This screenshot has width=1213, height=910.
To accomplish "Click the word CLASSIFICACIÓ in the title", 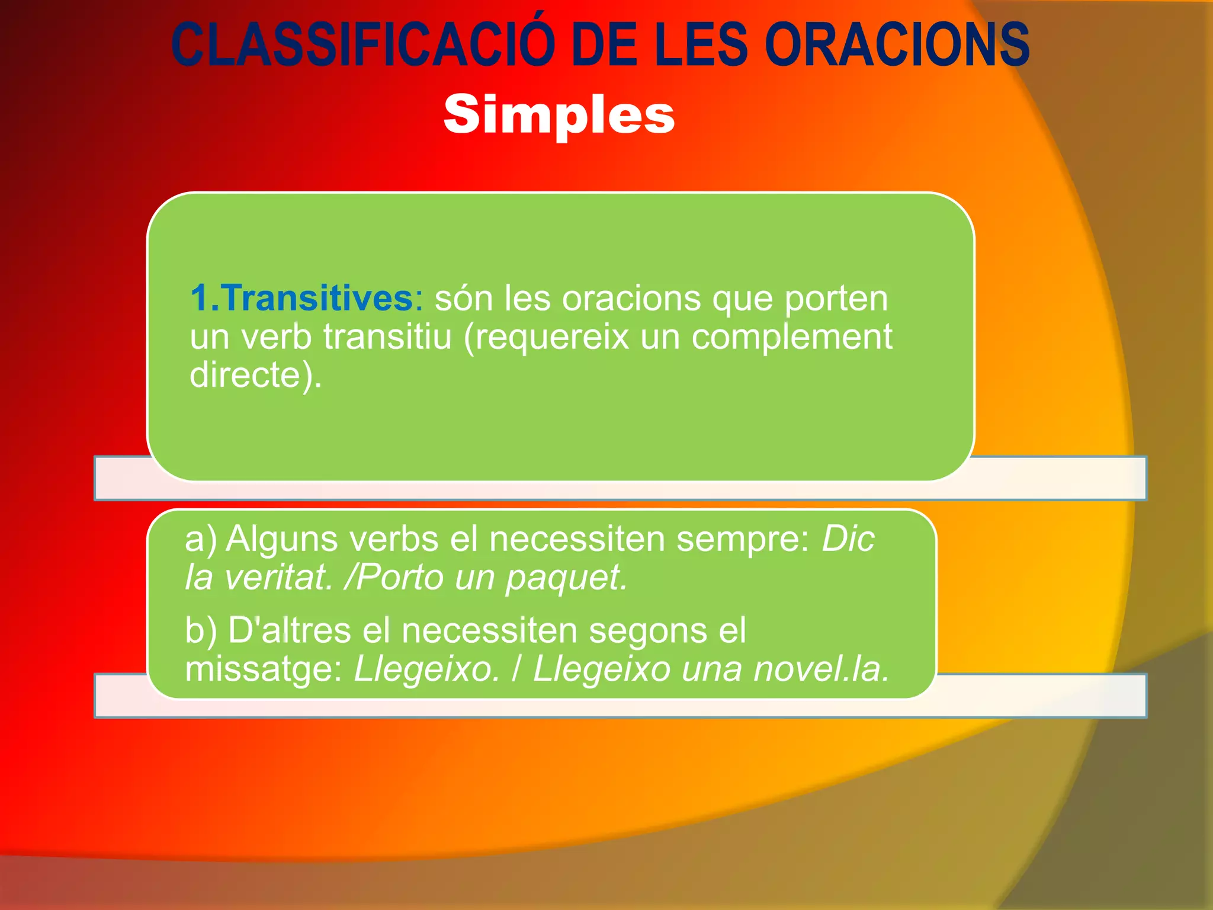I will pos(362,45).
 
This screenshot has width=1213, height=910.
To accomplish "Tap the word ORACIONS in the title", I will pos(897,45).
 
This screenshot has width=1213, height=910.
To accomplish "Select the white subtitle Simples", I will pos(559,114).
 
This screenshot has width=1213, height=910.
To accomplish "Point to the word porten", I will pos(836,299).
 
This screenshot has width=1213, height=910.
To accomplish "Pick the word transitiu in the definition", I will pos(388,337).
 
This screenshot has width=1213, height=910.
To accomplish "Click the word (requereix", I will pos(545,338).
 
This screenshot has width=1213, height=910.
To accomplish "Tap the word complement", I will pos(792,338).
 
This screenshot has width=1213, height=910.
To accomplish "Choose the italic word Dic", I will pos(848,539).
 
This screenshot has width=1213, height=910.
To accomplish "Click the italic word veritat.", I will pos(279,577).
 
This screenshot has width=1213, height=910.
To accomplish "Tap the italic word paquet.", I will pos(566,578).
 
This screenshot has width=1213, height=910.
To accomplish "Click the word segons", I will pos(648,631).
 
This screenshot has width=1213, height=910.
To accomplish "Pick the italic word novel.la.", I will pos(821,669).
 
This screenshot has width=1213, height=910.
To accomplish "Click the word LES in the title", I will pos(701,45).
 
